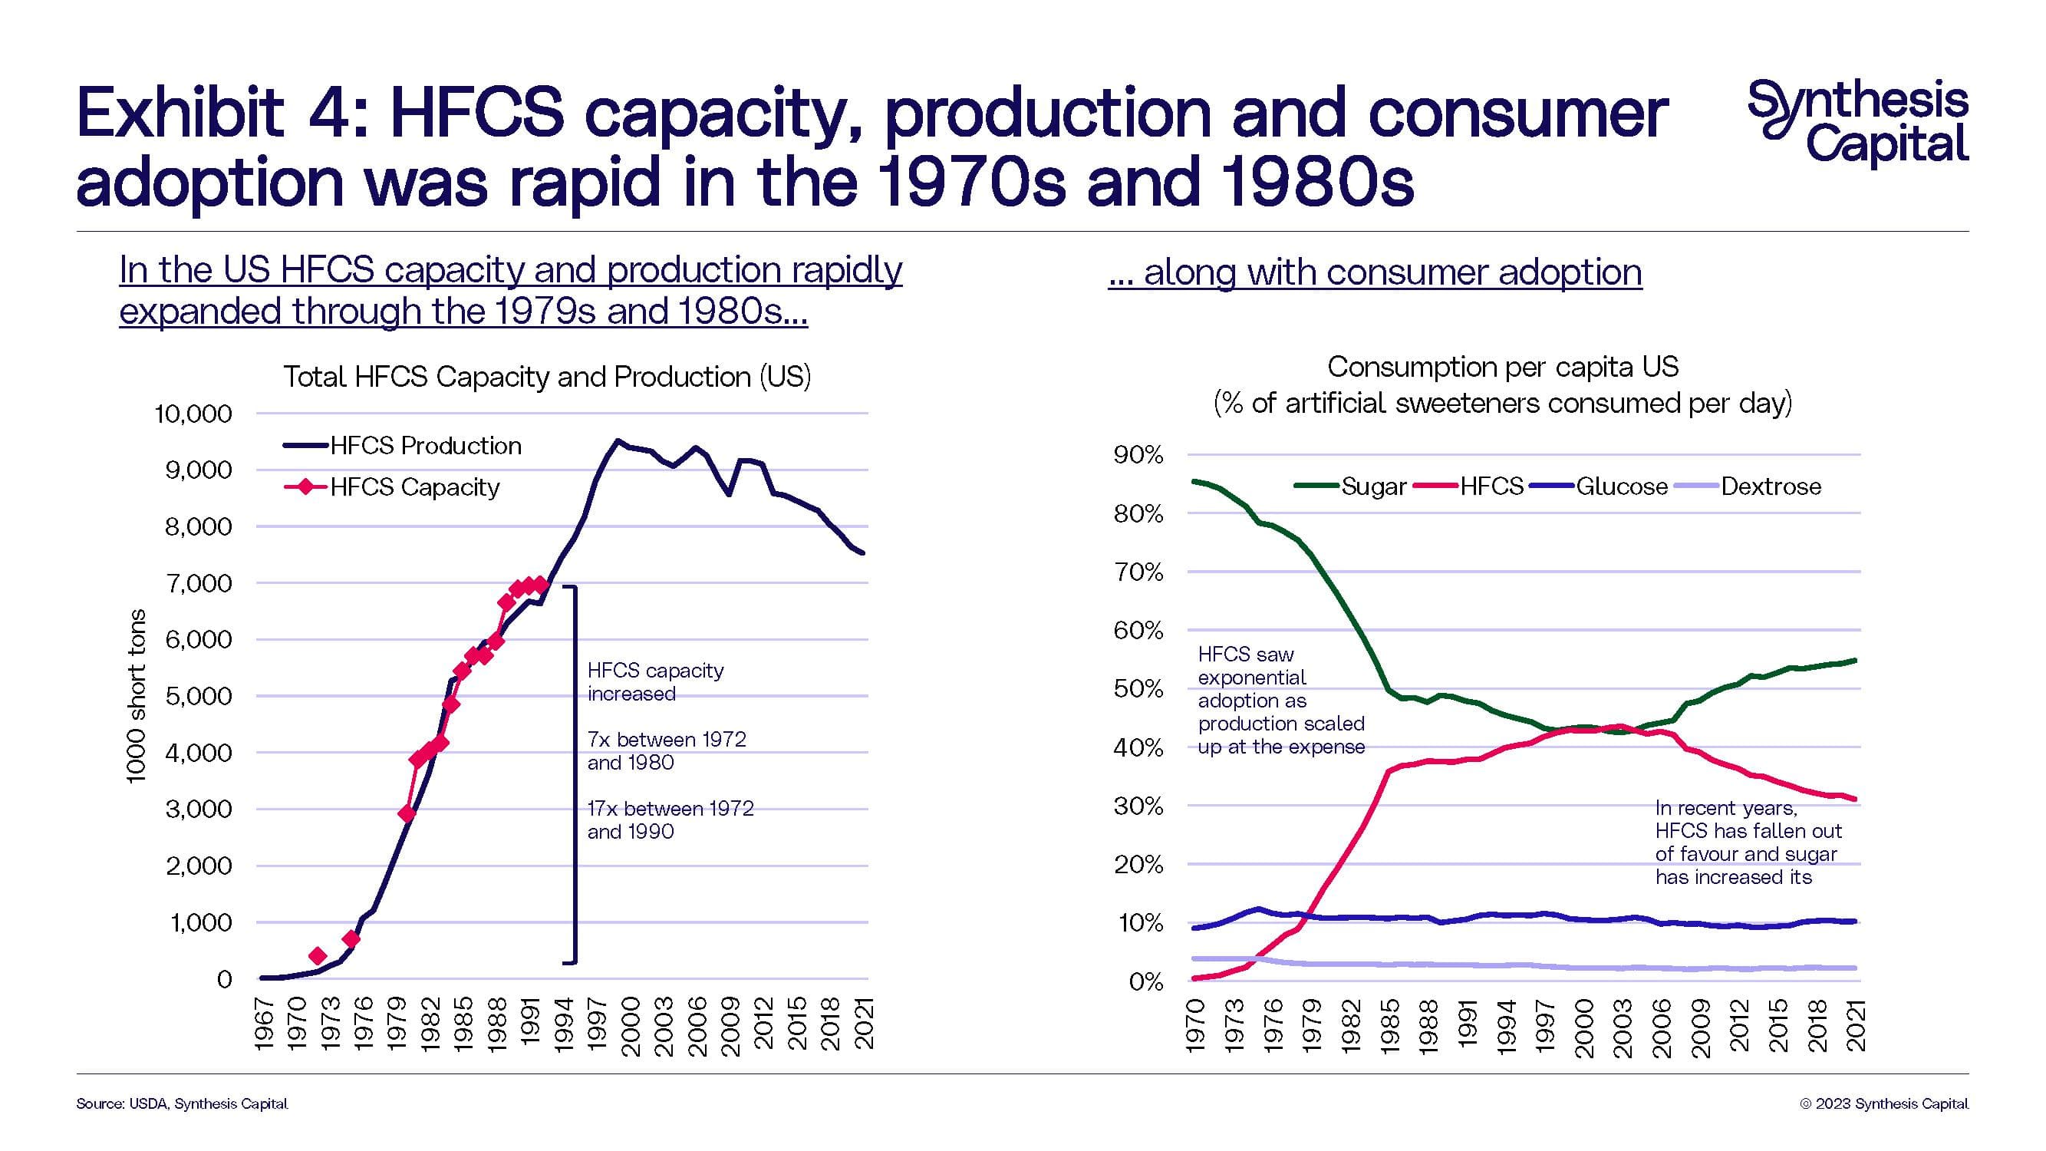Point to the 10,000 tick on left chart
(193, 414)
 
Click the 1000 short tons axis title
(137, 696)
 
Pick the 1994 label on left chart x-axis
(563, 1025)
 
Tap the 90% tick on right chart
(1138, 455)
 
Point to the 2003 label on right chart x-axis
(1622, 1029)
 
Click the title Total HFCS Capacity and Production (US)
(547, 377)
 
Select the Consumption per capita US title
(1503, 367)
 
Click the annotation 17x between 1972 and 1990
(670, 820)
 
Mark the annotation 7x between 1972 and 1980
(667, 750)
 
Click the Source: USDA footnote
(182, 1103)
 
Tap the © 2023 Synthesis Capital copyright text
(1884, 1103)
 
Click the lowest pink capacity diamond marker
(318, 955)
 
